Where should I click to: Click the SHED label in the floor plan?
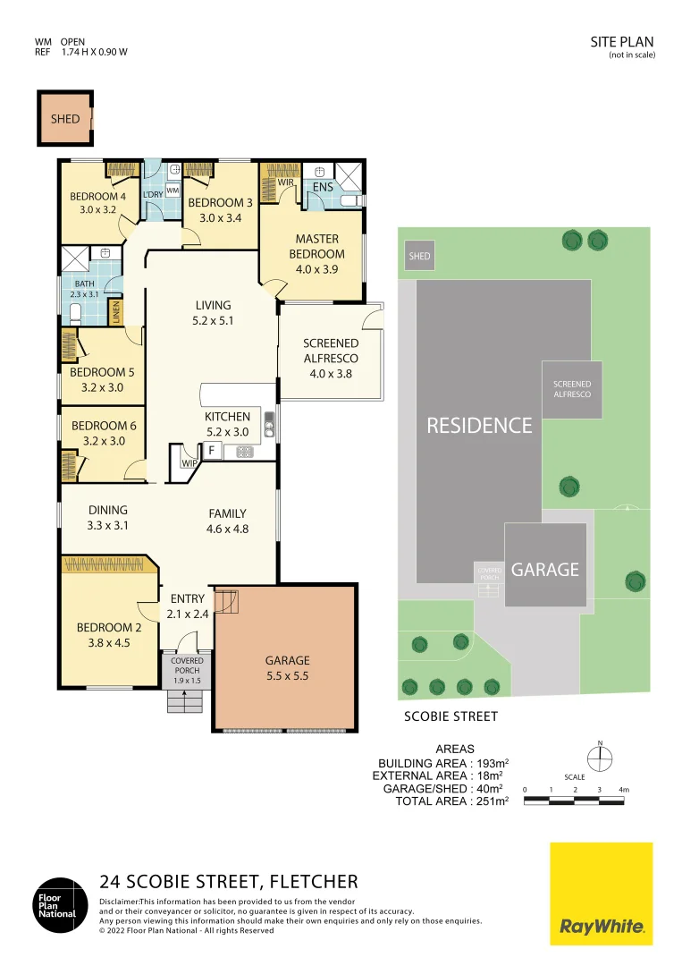(x=65, y=119)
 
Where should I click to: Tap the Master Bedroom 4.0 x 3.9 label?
(x=316, y=246)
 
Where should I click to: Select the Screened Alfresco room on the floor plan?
(x=331, y=358)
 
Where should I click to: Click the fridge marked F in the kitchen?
(x=211, y=449)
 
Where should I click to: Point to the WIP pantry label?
(x=189, y=463)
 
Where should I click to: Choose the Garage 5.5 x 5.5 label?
(x=287, y=668)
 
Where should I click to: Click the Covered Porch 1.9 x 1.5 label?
(x=188, y=671)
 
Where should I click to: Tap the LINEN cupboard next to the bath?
(x=115, y=312)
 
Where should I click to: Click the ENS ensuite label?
(x=324, y=188)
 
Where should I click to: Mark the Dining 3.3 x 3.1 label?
(x=108, y=518)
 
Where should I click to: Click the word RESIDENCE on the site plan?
(x=479, y=425)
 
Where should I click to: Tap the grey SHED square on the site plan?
(x=419, y=256)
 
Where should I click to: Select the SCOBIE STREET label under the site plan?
(x=450, y=716)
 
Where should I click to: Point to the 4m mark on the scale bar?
(x=624, y=790)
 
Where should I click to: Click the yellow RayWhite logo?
(x=601, y=894)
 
